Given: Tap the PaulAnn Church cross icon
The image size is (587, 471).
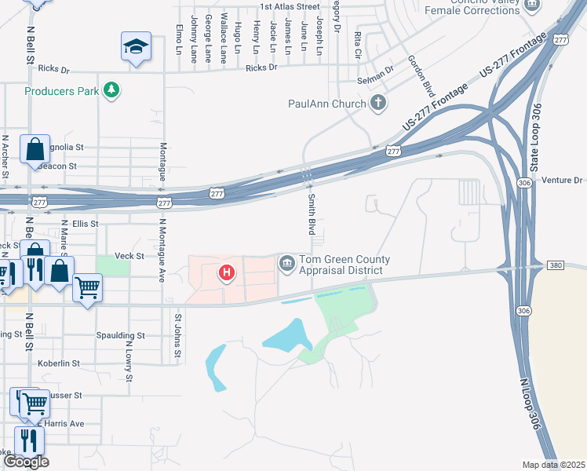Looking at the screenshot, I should pos(378,103).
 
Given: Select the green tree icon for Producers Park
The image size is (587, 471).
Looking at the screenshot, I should pos(112,90).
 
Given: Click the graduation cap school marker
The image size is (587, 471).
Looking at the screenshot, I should pos(136,47).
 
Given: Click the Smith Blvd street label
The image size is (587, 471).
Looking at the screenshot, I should pos(312,214).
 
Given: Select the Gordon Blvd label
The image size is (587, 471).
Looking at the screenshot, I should pos(421,77).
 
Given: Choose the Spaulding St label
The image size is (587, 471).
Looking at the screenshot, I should pos(120,335).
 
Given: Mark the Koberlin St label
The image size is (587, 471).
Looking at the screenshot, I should pos(59,363).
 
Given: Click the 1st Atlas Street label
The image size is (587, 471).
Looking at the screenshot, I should pos(290,6).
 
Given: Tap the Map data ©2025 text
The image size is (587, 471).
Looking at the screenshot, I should pos(554,465).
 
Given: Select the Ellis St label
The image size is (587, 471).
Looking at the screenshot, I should pos(85,224).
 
